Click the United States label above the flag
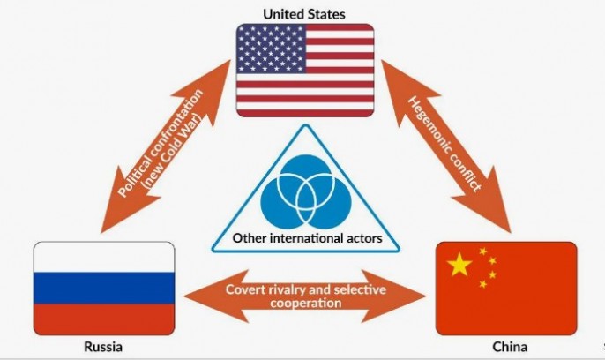click(303, 13)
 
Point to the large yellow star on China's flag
click(460, 266)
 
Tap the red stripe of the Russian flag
click(103, 314)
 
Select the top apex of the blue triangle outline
click(304, 130)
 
